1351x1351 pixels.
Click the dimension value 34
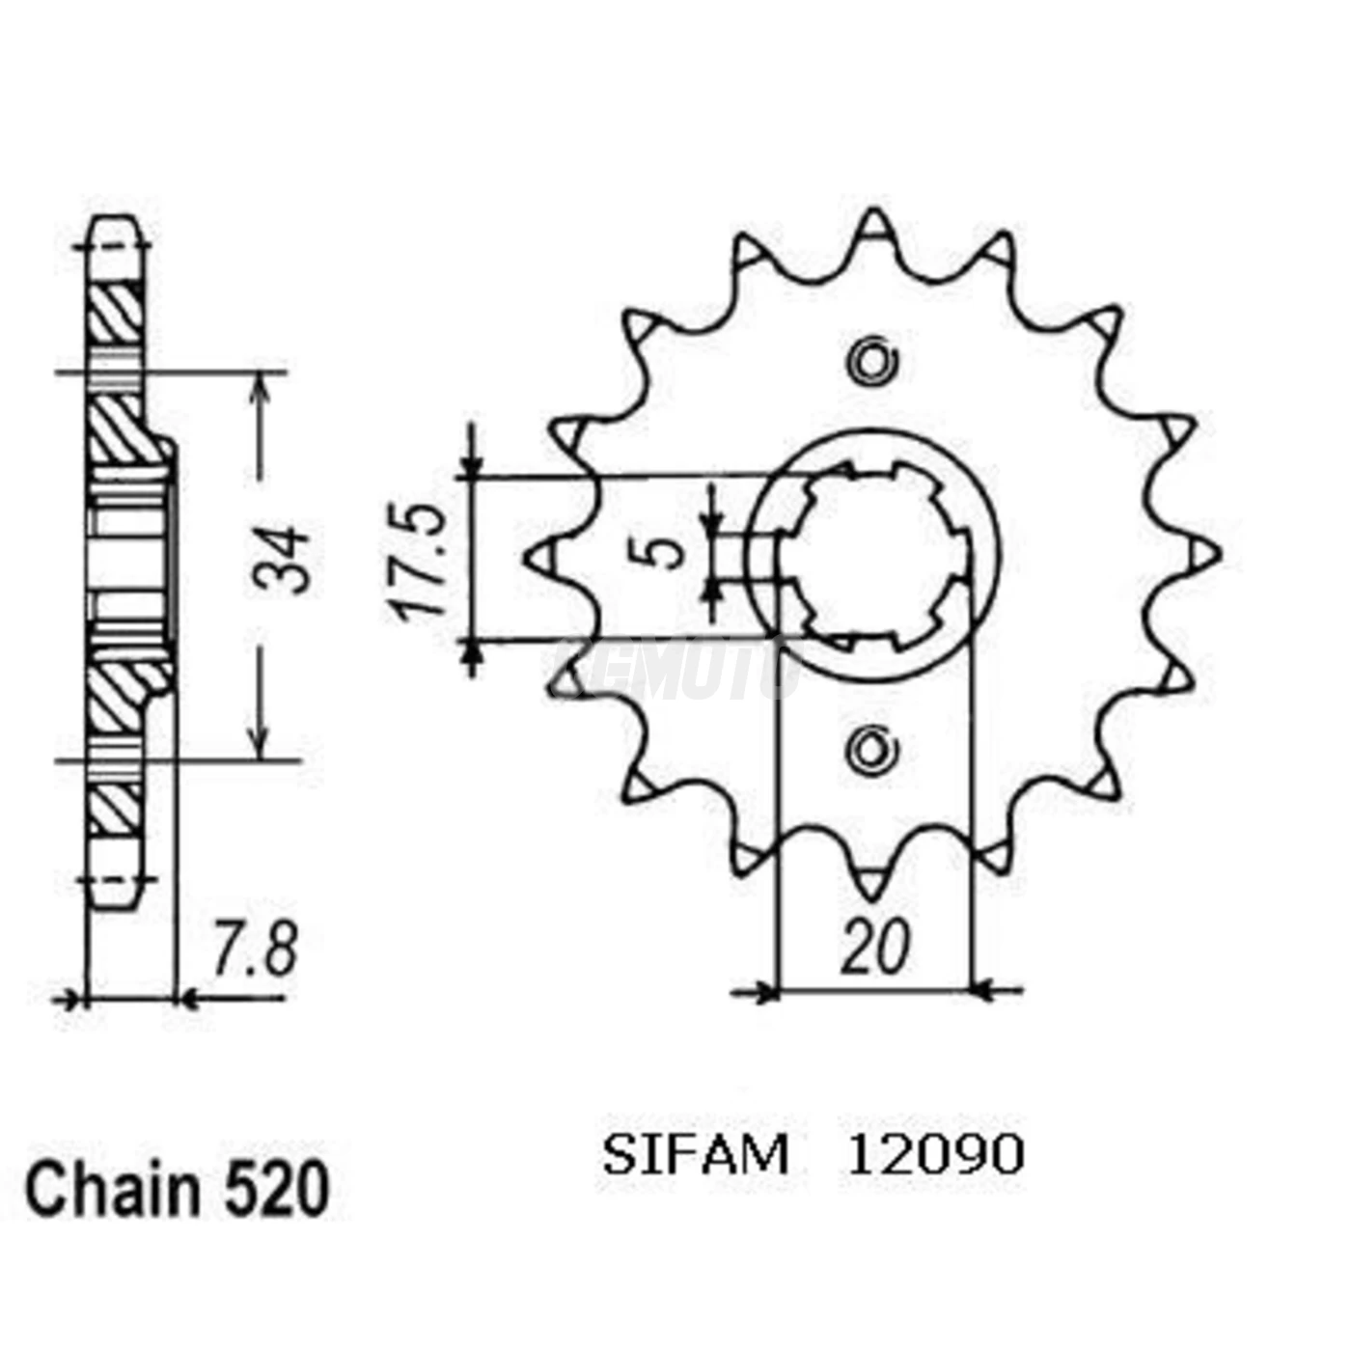click(x=281, y=561)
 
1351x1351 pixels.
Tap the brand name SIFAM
click(x=695, y=1155)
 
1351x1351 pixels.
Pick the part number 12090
click(x=935, y=1155)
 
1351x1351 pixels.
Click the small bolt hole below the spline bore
click(x=873, y=749)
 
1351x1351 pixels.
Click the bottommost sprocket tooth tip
click(x=873, y=888)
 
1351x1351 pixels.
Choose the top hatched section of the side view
click(x=118, y=314)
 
